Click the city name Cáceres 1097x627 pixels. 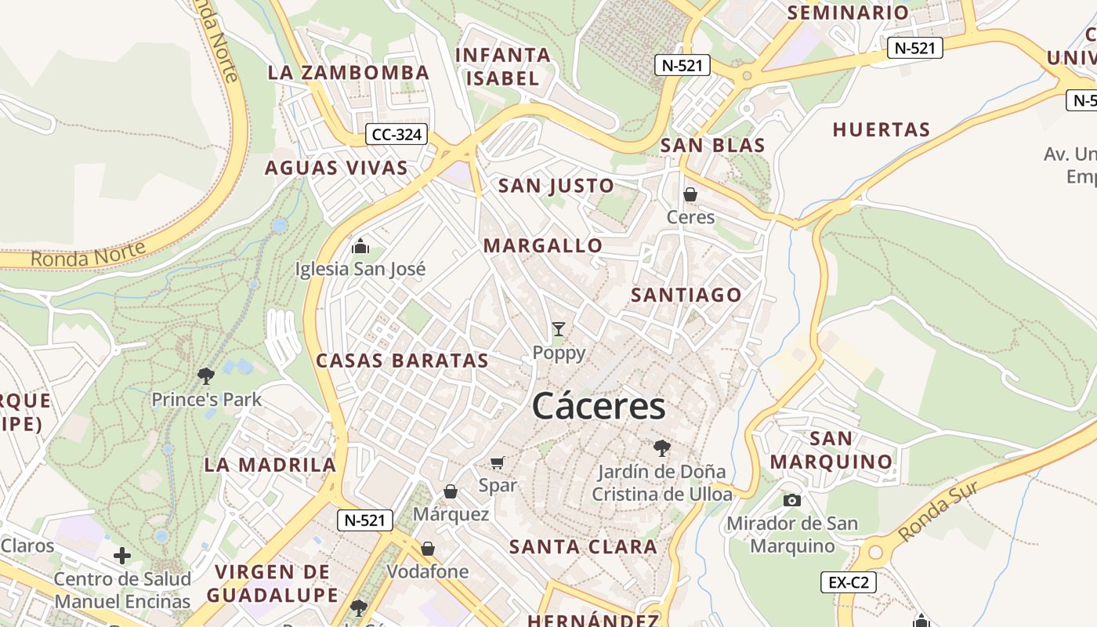pyautogui.click(x=599, y=406)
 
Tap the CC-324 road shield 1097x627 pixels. pyautogui.click(x=397, y=135)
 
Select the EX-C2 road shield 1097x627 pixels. pyautogui.click(x=848, y=582)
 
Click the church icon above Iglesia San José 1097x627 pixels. pyautogui.click(x=360, y=246)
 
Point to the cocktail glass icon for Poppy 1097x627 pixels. pyautogui.click(x=559, y=329)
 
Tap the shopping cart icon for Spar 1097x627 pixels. pyautogui.click(x=498, y=462)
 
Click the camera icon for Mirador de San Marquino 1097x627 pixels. pyautogui.click(x=792, y=500)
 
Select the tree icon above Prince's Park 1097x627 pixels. pyautogui.click(x=206, y=376)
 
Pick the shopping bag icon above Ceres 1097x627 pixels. pyautogui.click(x=690, y=194)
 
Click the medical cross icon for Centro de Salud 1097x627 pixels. pyautogui.click(x=122, y=556)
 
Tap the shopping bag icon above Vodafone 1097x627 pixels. pyautogui.click(x=428, y=549)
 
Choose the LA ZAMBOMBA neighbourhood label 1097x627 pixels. pyautogui.click(x=349, y=73)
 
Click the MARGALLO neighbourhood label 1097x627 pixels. pyautogui.click(x=543, y=246)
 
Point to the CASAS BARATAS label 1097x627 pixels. pyautogui.click(x=402, y=361)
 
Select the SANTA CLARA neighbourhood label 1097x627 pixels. pyautogui.click(x=584, y=547)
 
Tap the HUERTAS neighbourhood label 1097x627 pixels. pyautogui.click(x=882, y=129)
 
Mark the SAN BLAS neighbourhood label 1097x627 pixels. pyautogui.click(x=712, y=145)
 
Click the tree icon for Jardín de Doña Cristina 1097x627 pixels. pyautogui.click(x=662, y=448)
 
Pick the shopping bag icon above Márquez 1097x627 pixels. pyautogui.click(x=451, y=491)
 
